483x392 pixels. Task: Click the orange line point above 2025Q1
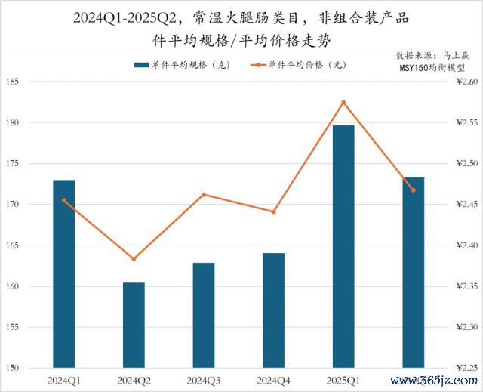pos(343,102)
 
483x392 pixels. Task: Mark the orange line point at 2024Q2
pos(134,259)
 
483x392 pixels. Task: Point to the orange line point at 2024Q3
pos(204,195)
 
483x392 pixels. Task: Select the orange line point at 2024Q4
pos(274,212)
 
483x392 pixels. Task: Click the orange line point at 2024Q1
pos(64,200)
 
